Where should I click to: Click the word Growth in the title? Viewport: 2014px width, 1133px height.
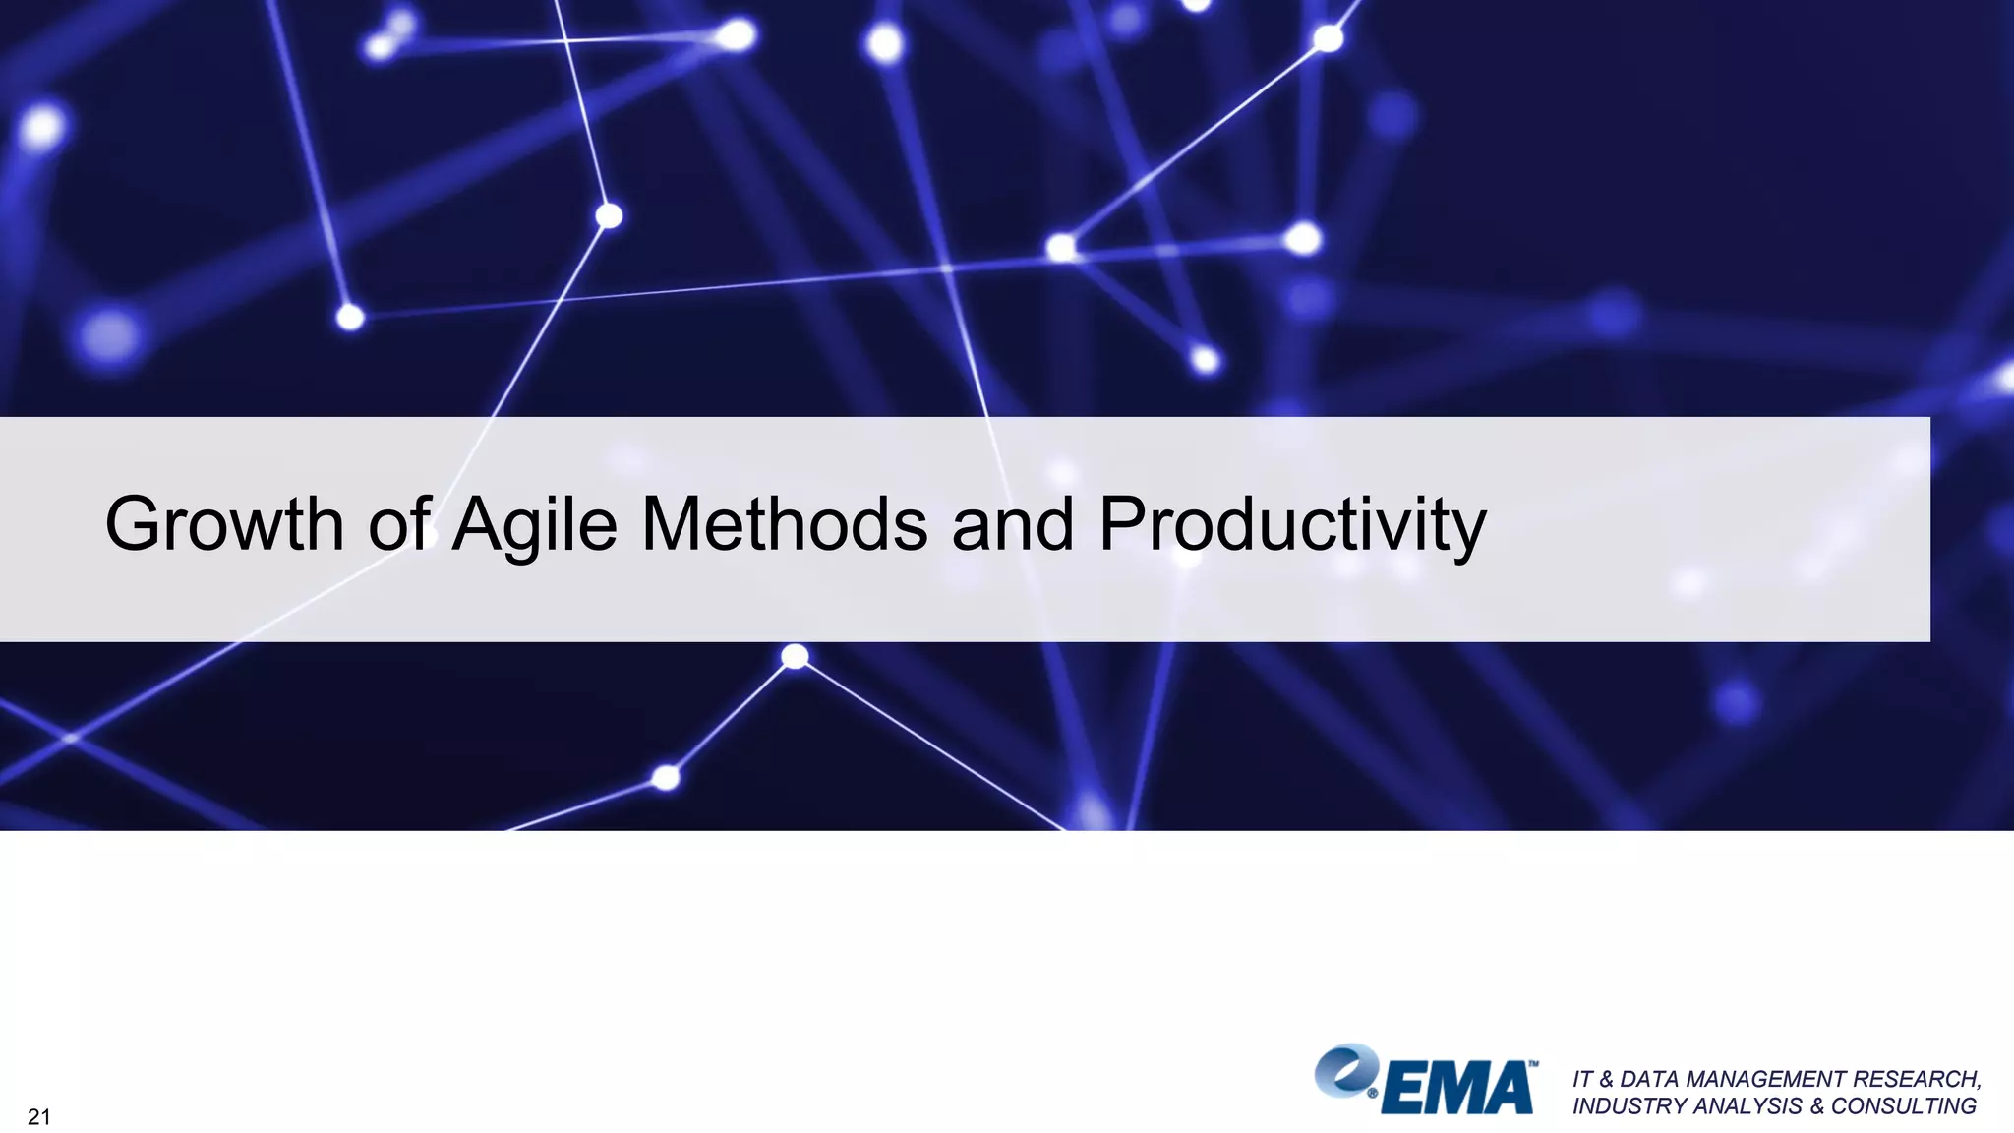click(x=224, y=524)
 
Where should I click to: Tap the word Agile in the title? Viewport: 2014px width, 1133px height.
click(x=534, y=524)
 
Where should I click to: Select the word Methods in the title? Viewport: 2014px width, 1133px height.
click(x=784, y=524)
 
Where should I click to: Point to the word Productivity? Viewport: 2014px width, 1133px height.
click(x=1291, y=524)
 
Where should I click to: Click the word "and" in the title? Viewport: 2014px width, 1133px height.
click(x=1012, y=524)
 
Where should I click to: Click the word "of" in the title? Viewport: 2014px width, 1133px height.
click(x=399, y=524)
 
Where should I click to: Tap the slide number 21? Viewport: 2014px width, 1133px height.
click(x=38, y=1116)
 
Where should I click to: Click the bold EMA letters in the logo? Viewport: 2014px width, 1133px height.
click(x=1458, y=1088)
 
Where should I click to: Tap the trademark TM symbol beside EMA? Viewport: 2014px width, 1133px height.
click(x=1533, y=1064)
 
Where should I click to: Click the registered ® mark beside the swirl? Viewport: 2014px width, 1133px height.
click(x=1373, y=1093)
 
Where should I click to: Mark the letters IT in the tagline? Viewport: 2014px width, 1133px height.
click(x=1581, y=1079)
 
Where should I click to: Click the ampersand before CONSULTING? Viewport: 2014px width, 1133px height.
click(x=1816, y=1106)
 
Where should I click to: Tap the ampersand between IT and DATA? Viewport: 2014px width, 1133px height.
click(x=1607, y=1079)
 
